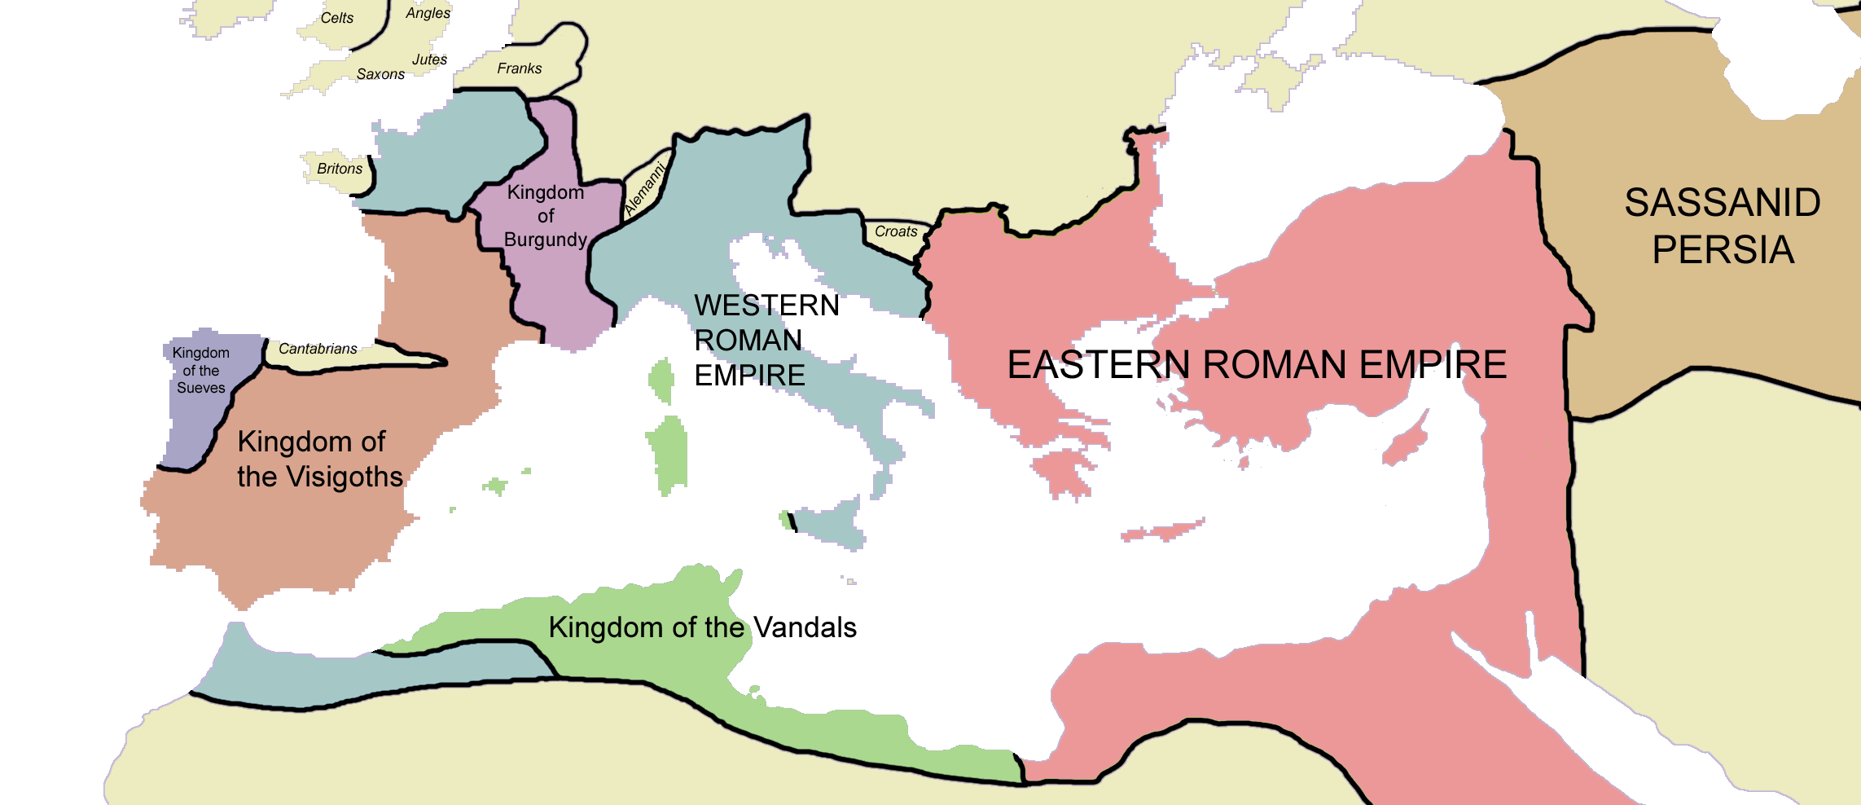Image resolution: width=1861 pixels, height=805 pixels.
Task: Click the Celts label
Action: pos(336,18)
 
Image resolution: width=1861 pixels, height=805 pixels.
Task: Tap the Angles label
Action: pos(428,13)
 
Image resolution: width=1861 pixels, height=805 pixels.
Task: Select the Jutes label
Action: pos(429,59)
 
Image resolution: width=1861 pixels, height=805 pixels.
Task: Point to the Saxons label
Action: pos(380,74)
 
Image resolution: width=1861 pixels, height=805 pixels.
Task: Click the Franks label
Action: pos(520,68)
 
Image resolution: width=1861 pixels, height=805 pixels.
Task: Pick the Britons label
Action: pos(340,169)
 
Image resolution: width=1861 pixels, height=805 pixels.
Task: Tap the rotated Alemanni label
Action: pos(644,190)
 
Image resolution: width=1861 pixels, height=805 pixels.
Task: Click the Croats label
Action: pos(896,231)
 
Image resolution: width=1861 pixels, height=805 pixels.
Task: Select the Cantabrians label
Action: pos(318,349)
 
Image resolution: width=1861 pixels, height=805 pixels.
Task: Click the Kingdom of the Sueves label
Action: pos(201,371)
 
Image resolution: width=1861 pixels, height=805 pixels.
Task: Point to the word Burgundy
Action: pos(546,240)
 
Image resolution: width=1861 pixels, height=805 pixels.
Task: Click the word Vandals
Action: pos(805,627)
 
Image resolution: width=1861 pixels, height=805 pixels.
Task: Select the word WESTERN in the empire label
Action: pos(766,305)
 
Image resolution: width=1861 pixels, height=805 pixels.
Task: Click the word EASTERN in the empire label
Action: pos(1098,364)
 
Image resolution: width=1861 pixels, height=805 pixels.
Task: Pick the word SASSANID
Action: pos(1723,202)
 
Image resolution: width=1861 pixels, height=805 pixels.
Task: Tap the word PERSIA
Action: pos(1723,249)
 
